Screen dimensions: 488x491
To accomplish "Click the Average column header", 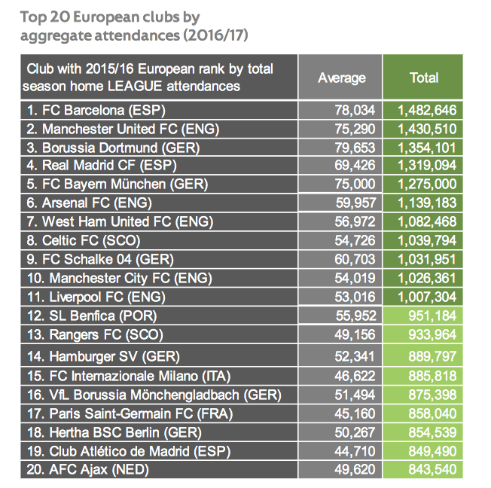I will click(341, 78).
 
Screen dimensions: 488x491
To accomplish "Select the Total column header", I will click(424, 78).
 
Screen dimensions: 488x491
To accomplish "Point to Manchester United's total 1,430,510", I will click(427, 128).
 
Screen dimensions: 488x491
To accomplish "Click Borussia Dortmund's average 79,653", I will click(350, 146).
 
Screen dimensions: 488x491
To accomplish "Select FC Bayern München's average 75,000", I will click(350, 183).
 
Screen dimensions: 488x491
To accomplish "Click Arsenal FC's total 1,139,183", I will click(427, 202).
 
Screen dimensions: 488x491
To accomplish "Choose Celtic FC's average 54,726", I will click(350, 240).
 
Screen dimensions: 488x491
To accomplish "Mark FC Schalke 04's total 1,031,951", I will click(427, 259).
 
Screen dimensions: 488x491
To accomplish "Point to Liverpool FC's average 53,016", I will click(350, 297).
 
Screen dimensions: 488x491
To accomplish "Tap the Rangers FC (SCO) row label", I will click(94, 335).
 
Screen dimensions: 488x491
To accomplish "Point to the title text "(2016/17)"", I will click(215, 35).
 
